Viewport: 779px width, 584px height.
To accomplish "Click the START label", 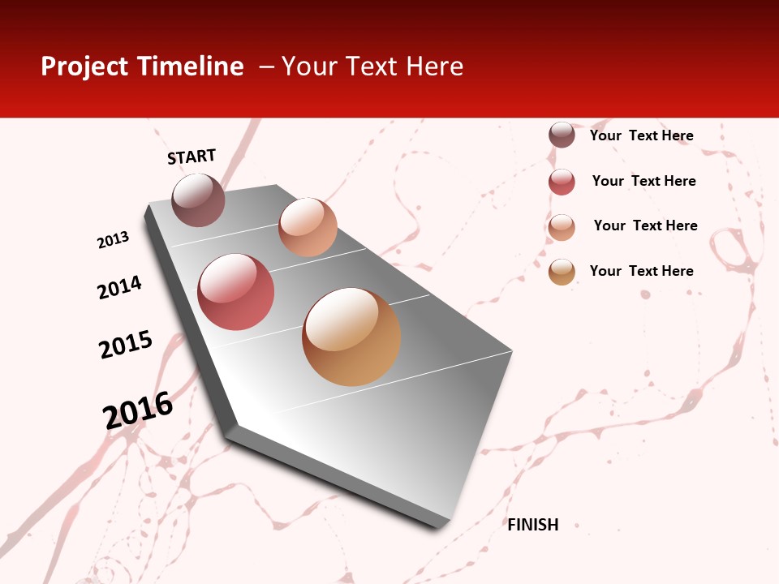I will click(192, 157).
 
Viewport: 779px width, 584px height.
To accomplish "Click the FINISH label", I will click(533, 525).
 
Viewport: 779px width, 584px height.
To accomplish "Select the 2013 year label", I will click(114, 240).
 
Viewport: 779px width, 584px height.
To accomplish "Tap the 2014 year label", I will click(120, 287).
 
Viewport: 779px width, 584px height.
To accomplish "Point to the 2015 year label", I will click(126, 345).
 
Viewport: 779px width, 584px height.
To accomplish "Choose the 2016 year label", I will click(138, 410).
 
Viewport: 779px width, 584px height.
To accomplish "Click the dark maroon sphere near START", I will click(199, 200).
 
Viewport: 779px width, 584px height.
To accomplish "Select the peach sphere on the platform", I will click(308, 227).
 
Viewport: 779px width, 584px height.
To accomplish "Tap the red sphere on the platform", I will click(236, 292).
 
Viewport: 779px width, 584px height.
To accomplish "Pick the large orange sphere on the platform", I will click(351, 337).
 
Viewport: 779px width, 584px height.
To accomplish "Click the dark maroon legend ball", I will click(562, 135).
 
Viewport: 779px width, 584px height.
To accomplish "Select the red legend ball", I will click(562, 182).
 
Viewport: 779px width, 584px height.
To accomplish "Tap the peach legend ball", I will click(562, 227).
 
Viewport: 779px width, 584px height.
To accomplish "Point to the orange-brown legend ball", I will click(562, 272).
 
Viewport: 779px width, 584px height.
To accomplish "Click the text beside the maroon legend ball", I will click(641, 135).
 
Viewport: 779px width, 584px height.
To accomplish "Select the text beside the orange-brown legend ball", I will click(641, 271).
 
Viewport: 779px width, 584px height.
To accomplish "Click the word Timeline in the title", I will click(190, 67).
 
